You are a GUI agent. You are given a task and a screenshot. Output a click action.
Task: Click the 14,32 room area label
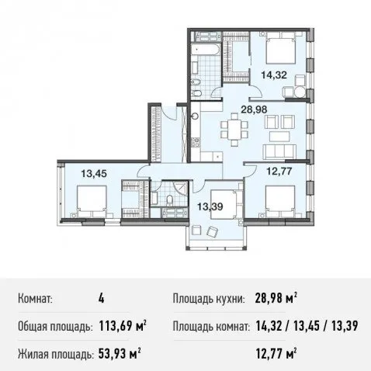(x=274, y=75)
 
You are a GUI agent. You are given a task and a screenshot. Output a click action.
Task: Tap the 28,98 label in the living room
(x=254, y=109)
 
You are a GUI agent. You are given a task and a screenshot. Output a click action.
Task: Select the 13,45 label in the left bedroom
(x=94, y=173)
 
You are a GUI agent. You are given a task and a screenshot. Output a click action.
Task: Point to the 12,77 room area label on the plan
(x=279, y=171)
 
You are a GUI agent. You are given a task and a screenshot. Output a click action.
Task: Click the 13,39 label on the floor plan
(x=210, y=206)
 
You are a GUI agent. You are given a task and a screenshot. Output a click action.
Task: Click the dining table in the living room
(x=234, y=130)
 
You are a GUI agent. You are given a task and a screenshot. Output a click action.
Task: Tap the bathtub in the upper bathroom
(x=206, y=49)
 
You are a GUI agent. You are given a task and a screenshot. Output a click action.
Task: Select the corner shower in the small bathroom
(x=180, y=188)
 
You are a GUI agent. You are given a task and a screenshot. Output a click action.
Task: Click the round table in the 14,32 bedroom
(x=300, y=92)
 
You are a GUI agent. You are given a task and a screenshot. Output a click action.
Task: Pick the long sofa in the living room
(x=279, y=152)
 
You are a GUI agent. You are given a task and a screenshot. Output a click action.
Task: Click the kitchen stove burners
(x=196, y=143)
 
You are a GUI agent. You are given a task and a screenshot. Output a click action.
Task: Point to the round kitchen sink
(x=195, y=116)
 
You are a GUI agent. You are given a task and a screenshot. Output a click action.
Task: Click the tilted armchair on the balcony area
(x=213, y=231)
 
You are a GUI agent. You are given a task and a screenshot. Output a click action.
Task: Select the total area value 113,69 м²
(x=123, y=326)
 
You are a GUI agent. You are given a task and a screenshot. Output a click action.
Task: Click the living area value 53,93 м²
(x=120, y=354)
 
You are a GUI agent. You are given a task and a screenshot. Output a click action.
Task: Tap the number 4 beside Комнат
(x=102, y=299)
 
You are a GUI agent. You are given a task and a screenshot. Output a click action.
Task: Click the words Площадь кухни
(x=209, y=300)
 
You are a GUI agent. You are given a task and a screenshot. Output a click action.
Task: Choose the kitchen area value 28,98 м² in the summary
(x=276, y=299)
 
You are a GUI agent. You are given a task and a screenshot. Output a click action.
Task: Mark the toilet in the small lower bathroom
(x=170, y=201)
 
